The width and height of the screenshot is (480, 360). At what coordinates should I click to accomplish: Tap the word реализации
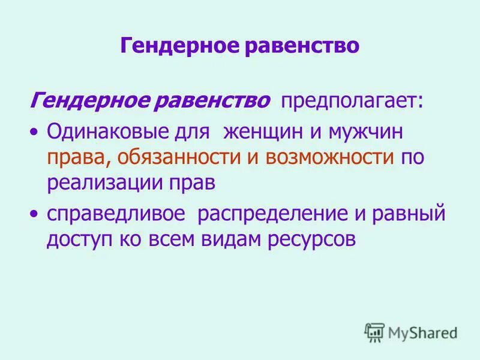(106, 183)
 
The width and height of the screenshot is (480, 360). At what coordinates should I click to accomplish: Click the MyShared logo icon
(374, 332)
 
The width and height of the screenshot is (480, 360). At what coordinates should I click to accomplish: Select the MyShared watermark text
(422, 332)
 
